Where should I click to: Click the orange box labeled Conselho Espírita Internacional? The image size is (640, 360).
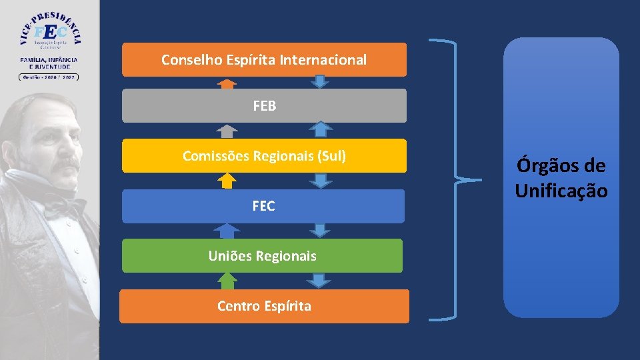pyautogui.click(x=264, y=60)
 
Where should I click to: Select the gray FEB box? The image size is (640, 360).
pyautogui.click(x=264, y=106)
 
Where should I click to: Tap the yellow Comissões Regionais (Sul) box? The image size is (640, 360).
pyautogui.click(x=264, y=156)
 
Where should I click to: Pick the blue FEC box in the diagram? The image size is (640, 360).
pyautogui.click(x=263, y=206)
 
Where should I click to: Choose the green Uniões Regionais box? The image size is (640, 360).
pyautogui.click(x=262, y=255)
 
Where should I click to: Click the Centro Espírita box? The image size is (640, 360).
pyautogui.click(x=264, y=306)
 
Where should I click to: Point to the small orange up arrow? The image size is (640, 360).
pyautogui.click(x=227, y=83)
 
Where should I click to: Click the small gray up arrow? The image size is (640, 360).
pyautogui.click(x=227, y=131)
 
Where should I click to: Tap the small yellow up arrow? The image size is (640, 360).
pyautogui.click(x=227, y=181)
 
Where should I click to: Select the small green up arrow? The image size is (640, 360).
pyautogui.click(x=227, y=281)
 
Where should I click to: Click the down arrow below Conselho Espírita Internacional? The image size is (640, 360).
pyautogui.click(x=321, y=81)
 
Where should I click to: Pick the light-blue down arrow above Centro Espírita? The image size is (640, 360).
pyautogui.click(x=320, y=280)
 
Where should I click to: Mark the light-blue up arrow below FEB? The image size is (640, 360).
pyautogui.click(x=321, y=129)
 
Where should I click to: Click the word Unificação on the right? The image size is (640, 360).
pyautogui.click(x=561, y=191)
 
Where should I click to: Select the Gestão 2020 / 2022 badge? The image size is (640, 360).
pyautogui.click(x=49, y=77)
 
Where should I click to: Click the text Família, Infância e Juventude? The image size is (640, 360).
pyautogui.click(x=49, y=63)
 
